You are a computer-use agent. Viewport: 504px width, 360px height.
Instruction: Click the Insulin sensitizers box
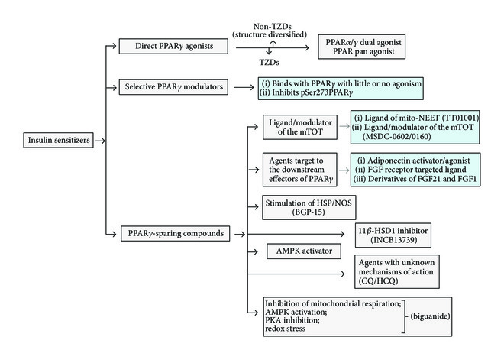[55, 140]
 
